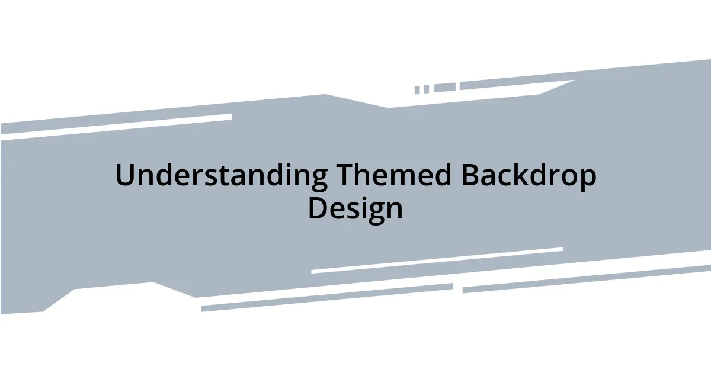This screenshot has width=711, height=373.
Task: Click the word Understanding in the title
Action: tap(221, 176)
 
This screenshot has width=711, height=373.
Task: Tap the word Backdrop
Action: tap(529, 176)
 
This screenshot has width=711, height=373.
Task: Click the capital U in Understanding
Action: tap(125, 176)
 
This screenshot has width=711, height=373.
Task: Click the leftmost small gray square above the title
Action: tap(417, 90)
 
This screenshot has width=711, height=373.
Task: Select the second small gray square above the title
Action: tap(426, 89)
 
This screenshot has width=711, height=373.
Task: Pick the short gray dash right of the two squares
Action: tap(444, 88)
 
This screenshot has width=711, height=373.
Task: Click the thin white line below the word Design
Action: tap(437, 261)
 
